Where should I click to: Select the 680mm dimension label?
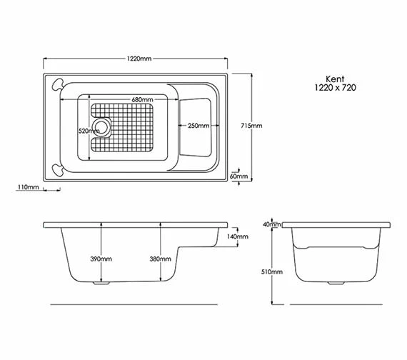click(x=142, y=99)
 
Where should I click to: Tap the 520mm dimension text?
click(x=89, y=131)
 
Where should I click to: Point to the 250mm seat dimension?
click(x=198, y=126)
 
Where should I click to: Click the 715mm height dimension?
click(x=251, y=126)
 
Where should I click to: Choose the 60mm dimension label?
click(x=238, y=176)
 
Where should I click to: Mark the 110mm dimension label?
click(x=27, y=187)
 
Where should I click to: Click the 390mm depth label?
click(x=101, y=259)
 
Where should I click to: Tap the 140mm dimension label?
click(x=237, y=236)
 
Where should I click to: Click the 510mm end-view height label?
click(x=272, y=272)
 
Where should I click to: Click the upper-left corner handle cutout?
click(x=56, y=84)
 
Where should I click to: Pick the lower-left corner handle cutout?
click(x=57, y=169)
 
